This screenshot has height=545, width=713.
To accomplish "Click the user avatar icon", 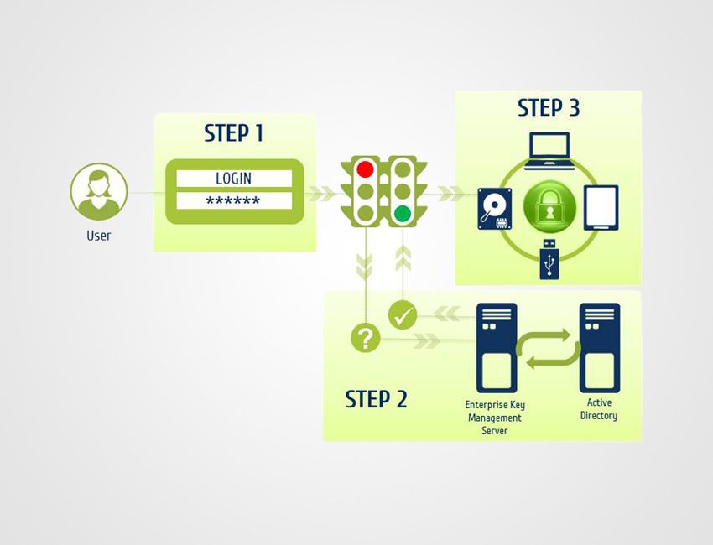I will pos(99,191).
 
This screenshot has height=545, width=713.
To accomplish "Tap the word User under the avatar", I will pos(99,236).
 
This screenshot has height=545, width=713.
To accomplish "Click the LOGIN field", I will pos(233,179).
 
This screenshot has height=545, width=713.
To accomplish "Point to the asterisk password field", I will pos(233,201).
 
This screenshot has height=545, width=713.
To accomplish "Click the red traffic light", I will pos(366,169).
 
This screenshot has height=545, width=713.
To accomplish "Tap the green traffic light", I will pos(404,213).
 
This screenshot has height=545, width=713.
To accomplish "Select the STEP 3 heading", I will pos(549,108).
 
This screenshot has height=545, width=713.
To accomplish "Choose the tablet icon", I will pos(601,208).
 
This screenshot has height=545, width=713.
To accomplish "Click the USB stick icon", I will pos(549,261).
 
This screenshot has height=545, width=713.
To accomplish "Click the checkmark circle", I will pos(403,316).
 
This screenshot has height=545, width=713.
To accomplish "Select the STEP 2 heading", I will pos(376,399).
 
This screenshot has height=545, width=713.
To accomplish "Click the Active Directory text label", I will pos(599,410).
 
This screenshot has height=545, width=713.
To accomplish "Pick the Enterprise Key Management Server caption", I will pos(495,418).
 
